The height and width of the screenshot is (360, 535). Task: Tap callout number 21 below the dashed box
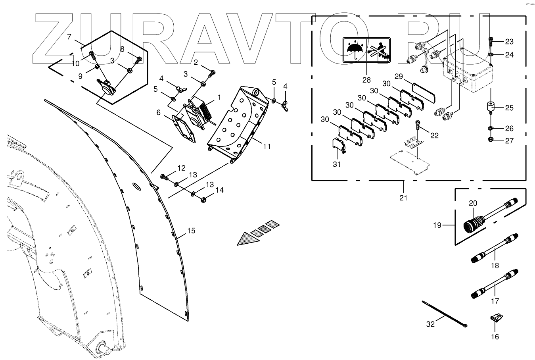coord(403,197)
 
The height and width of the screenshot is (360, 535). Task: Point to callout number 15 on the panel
coord(191,231)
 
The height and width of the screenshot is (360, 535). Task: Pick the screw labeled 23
coord(491,40)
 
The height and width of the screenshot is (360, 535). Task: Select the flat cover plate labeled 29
coord(424,92)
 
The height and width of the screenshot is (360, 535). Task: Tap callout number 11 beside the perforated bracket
coord(267,146)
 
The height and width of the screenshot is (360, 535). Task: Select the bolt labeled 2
coord(213,72)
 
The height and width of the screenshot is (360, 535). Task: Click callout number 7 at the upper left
coord(69,37)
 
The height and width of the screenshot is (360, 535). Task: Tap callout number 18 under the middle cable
coord(495,266)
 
